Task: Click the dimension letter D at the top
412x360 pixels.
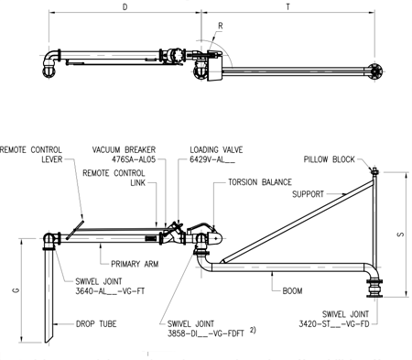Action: click(x=125, y=6)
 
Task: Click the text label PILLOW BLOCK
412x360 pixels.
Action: click(x=329, y=158)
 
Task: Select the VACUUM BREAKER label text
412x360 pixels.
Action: click(x=125, y=148)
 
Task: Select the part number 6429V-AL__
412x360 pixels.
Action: click(x=211, y=158)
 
